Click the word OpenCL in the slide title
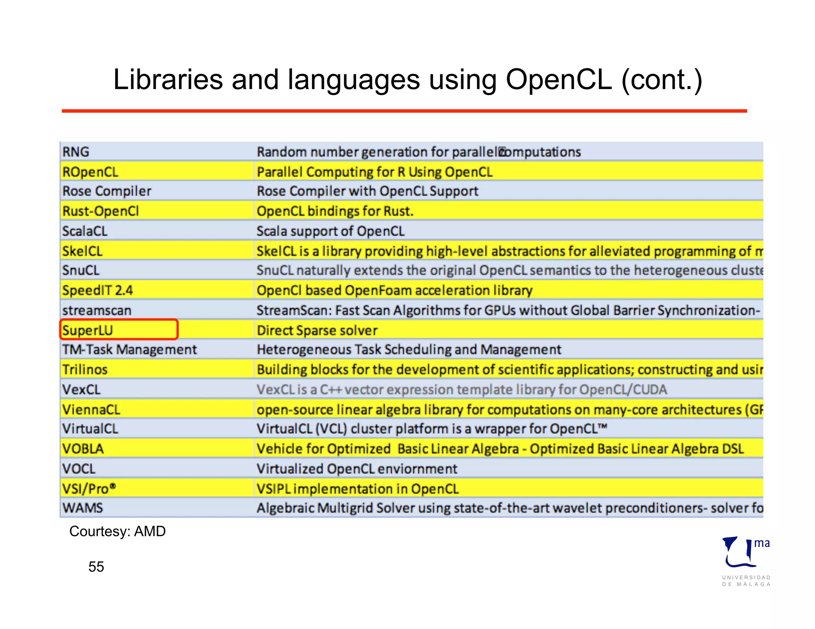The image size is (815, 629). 558,80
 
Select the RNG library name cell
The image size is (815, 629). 76,152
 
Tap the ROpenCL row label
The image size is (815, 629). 90,172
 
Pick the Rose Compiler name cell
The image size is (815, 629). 107,191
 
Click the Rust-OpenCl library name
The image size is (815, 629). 101,211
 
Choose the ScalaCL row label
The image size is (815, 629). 85,231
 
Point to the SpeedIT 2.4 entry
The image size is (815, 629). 97,290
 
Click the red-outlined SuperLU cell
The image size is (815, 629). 119,330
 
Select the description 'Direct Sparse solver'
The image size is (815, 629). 317,330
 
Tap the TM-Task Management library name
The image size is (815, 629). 129,349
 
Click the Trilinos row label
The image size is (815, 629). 85,369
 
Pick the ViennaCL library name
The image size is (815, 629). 91,409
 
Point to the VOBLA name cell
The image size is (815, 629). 83,449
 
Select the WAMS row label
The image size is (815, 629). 83,508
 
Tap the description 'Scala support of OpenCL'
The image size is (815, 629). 330,231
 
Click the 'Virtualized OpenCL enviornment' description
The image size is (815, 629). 357,469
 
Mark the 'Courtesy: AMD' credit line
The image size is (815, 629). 117,531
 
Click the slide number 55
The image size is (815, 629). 96,567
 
